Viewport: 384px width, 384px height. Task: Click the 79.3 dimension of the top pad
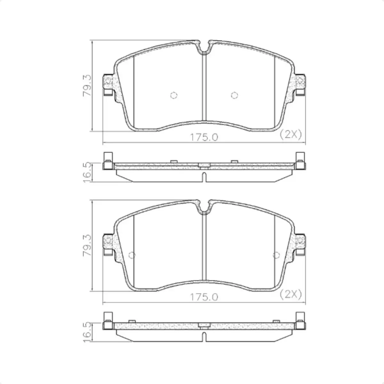tap(87, 86)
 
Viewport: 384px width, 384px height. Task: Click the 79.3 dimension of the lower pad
tap(87, 245)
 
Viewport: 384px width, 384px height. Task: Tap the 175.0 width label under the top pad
tap(204, 137)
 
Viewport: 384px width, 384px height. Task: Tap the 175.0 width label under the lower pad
tap(204, 297)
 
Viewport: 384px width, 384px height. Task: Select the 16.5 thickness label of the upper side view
tap(87, 172)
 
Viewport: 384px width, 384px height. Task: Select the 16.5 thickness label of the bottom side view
tap(87, 332)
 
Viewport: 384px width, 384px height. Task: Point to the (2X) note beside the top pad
tap(291, 135)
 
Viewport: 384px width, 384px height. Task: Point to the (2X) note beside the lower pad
tap(291, 294)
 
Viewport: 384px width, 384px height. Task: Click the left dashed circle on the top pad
tap(174, 95)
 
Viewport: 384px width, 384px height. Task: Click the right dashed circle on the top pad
tap(234, 95)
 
